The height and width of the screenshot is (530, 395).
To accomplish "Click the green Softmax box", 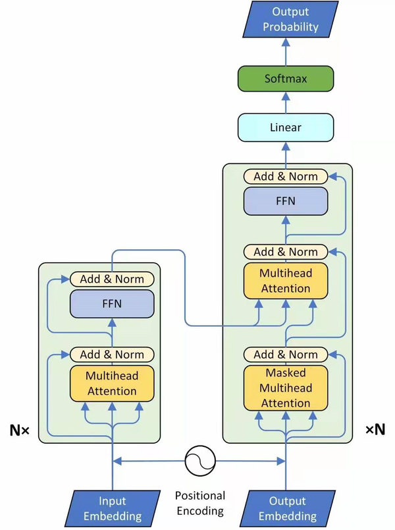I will [x=286, y=78].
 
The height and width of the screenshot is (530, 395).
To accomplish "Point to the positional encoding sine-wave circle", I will [x=199, y=460].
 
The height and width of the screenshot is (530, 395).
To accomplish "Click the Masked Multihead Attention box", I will [x=286, y=388].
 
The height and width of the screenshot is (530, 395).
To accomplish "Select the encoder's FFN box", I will [x=111, y=304].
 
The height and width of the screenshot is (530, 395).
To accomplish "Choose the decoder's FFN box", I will [x=286, y=200].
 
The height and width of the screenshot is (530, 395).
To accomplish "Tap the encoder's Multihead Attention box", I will [x=111, y=382].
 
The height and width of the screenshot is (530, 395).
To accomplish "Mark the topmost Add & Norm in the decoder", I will [x=286, y=176].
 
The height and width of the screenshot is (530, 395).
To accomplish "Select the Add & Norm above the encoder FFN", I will [x=111, y=279].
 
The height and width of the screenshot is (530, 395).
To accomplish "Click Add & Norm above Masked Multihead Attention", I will [x=286, y=355].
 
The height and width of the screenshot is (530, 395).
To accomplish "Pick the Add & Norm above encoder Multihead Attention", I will [x=111, y=355].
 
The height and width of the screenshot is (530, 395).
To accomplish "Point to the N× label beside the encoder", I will [x=19, y=431].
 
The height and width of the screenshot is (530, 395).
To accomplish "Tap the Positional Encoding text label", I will [x=199, y=503].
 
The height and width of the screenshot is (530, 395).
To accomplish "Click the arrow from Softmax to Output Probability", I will [x=286, y=51].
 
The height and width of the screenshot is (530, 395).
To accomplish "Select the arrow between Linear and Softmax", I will [x=286, y=102].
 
